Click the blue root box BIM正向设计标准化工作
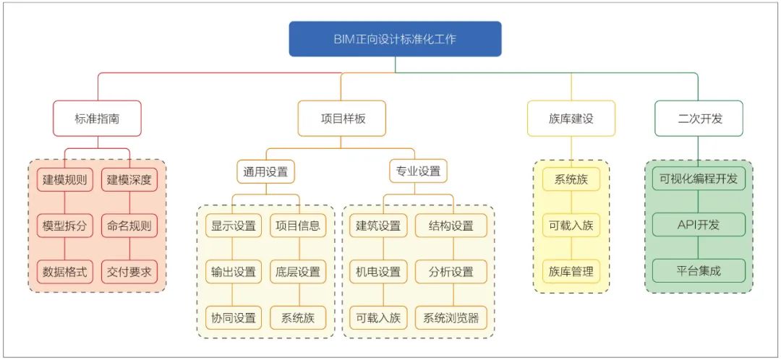coord(395,39)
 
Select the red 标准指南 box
coord(97,119)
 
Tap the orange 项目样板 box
coord(342,119)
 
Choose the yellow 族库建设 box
coord(571,119)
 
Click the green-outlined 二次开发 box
coord(699,119)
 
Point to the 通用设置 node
coord(265,172)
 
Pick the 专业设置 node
coord(418,172)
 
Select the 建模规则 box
coord(65,180)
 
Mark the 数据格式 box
coord(65,272)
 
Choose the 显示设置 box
coord(234,226)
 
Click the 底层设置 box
coord(297,272)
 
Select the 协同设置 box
coord(234,317)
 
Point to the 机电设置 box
coord(378,272)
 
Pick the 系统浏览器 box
coord(451,317)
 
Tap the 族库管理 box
coord(571,272)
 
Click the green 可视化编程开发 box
coord(699,179)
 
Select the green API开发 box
coord(699,225)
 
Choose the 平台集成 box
coord(699,271)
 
